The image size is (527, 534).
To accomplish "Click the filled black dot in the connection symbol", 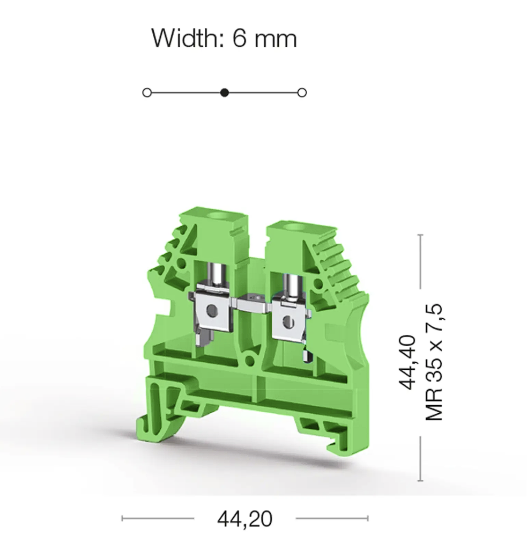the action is click(224, 93).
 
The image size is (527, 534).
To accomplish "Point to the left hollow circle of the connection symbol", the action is click(147, 93).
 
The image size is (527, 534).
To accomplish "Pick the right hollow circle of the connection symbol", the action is click(302, 93).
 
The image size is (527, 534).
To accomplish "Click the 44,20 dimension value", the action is click(245, 518).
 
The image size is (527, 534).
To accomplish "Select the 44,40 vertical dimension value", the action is click(407, 362).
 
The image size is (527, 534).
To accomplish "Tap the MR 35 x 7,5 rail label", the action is click(434, 362).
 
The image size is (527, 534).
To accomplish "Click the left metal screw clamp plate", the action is click(210, 310).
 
